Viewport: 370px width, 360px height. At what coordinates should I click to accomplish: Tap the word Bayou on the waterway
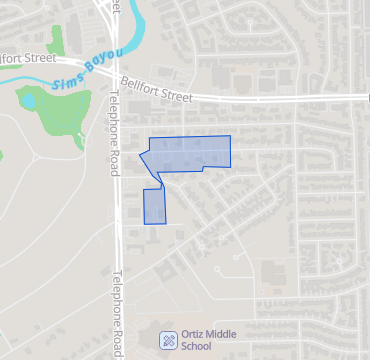click(101, 62)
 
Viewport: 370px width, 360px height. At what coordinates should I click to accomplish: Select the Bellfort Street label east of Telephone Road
click(155, 91)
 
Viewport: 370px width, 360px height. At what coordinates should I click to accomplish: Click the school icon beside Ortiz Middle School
click(169, 341)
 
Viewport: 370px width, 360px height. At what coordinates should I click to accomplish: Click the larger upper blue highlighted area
click(190, 152)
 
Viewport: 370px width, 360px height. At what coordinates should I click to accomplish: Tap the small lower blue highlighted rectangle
click(153, 206)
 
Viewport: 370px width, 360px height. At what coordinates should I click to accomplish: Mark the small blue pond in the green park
click(28, 100)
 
